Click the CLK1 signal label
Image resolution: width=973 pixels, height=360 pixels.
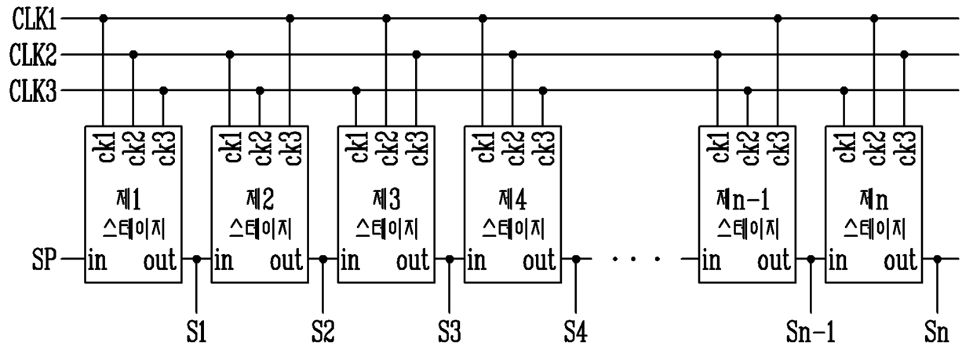34,20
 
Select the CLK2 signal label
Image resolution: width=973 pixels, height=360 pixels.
33,56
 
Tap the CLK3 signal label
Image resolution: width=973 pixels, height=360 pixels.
33,92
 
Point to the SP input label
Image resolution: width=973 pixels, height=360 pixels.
44,260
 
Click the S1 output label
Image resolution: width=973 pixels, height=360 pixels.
196,333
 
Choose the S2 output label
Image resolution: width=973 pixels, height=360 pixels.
323,333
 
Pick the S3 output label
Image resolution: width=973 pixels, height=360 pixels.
449,333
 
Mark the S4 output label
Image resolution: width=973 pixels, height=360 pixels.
575,333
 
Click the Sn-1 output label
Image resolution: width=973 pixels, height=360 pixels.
811,333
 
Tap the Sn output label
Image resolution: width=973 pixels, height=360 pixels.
937,333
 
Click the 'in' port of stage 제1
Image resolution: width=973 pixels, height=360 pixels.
97,260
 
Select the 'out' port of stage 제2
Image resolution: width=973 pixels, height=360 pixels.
286,260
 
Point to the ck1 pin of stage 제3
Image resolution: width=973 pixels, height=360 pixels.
355,147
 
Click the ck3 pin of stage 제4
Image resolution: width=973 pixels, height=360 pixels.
545,148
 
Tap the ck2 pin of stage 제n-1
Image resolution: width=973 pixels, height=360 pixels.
748,148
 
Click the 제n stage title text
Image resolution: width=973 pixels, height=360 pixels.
874,200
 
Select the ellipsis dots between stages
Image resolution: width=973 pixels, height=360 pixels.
636,260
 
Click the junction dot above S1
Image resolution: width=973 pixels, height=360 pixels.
197,260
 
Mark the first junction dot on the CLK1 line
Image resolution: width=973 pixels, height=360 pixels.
104,18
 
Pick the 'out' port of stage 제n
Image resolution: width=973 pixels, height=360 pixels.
901,260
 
